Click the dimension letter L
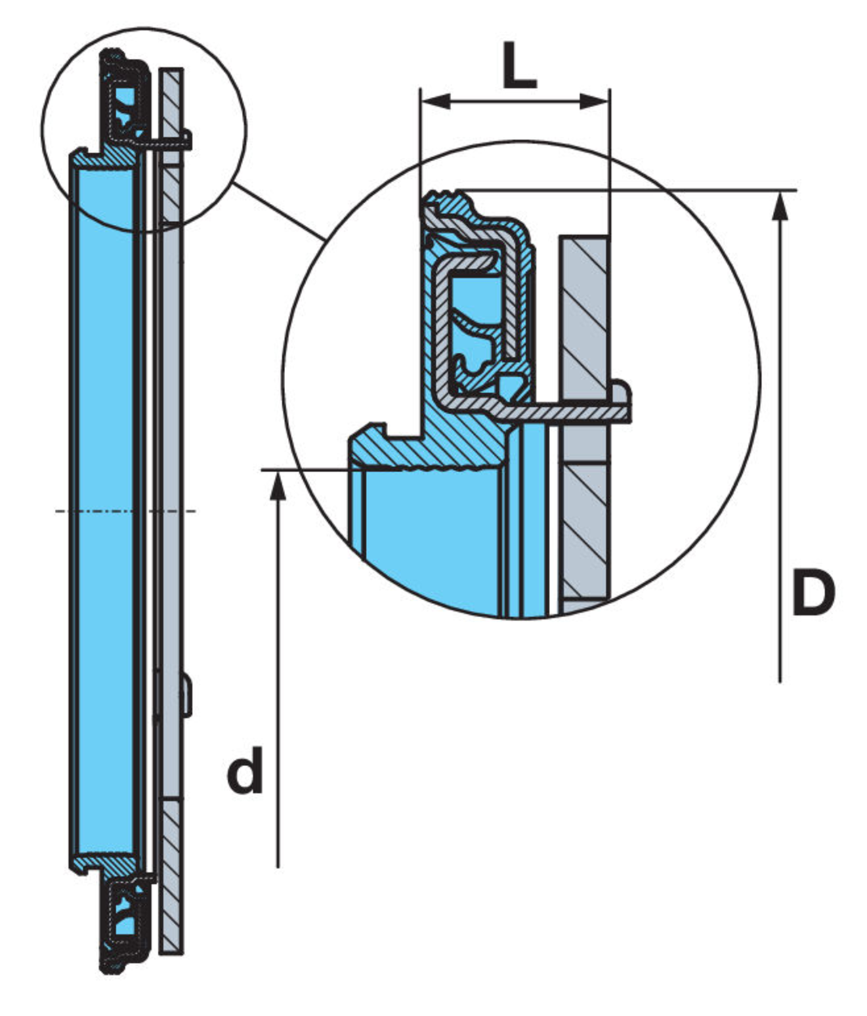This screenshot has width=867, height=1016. click(x=520, y=66)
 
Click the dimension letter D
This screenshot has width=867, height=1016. click(x=813, y=593)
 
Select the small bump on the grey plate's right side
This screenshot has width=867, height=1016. click(x=188, y=694)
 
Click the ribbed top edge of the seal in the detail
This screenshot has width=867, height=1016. click(x=447, y=200)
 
